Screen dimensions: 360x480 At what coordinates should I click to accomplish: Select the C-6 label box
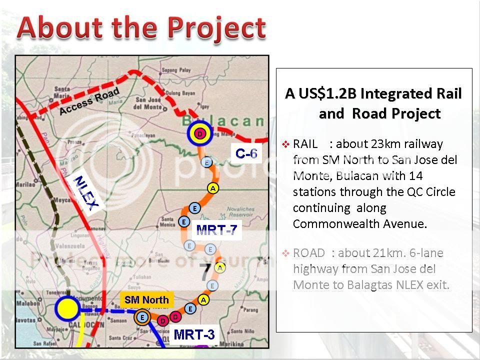pos(246,153)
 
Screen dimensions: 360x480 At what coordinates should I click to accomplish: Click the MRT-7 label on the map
pos(216,230)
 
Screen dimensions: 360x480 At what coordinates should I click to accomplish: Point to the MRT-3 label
pos(194,334)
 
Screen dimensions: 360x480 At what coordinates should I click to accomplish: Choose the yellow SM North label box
pos(146,300)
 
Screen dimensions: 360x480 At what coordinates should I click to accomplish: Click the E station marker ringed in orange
pos(142,317)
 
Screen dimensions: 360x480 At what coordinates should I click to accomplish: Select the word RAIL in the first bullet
pos(305,144)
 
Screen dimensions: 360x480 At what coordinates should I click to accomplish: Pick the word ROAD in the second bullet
pos(309,253)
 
